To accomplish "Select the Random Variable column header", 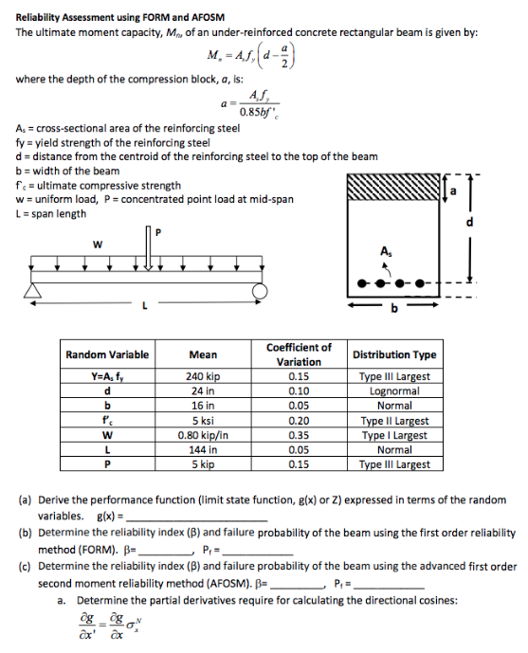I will coord(107,354).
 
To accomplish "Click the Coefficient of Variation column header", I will coord(299,354).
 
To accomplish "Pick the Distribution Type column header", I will coord(394,354).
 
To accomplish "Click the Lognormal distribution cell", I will coord(394,390).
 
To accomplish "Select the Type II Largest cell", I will coord(394,420).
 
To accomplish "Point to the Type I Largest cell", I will coord(394,435).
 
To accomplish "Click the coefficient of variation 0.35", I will coord(299,435).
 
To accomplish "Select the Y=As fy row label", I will coord(107,376).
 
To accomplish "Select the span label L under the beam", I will coord(144,306).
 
